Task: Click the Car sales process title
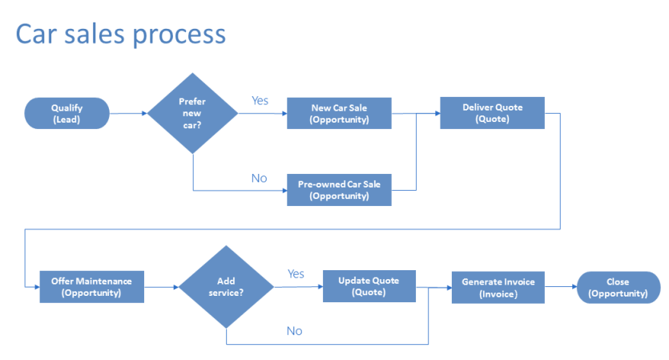[121, 34]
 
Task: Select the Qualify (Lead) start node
[67, 113]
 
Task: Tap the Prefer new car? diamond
[192, 113]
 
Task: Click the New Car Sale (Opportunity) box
[340, 113]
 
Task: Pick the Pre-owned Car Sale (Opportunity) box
[340, 190]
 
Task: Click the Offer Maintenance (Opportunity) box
[91, 287]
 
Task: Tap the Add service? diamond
[226, 287]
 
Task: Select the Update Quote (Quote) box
[369, 286]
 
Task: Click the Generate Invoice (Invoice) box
[498, 287]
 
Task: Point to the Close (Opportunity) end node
[618, 287]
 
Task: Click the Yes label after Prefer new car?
[260, 101]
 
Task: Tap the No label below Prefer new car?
[259, 178]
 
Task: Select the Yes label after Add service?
[296, 274]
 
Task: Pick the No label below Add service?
[294, 330]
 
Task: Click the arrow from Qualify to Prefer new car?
[128, 113]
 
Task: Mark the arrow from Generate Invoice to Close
[561, 287]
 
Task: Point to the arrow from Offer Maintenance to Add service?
[161, 287]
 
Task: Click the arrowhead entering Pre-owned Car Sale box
[284, 190]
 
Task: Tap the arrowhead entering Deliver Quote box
[436, 113]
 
